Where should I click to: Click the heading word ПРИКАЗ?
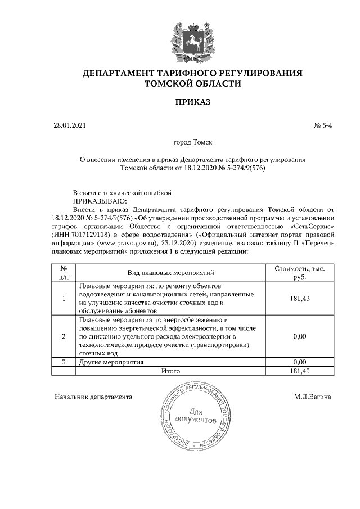192,102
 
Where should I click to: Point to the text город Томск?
192,143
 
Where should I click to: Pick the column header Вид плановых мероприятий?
171,273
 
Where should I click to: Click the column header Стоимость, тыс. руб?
299,273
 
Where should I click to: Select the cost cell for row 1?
299,298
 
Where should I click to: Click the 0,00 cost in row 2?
299,336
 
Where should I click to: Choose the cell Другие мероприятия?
111,362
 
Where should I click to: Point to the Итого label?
170,371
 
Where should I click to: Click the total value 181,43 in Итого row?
299,371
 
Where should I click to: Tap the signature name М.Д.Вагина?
312,397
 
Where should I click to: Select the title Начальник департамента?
93,397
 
